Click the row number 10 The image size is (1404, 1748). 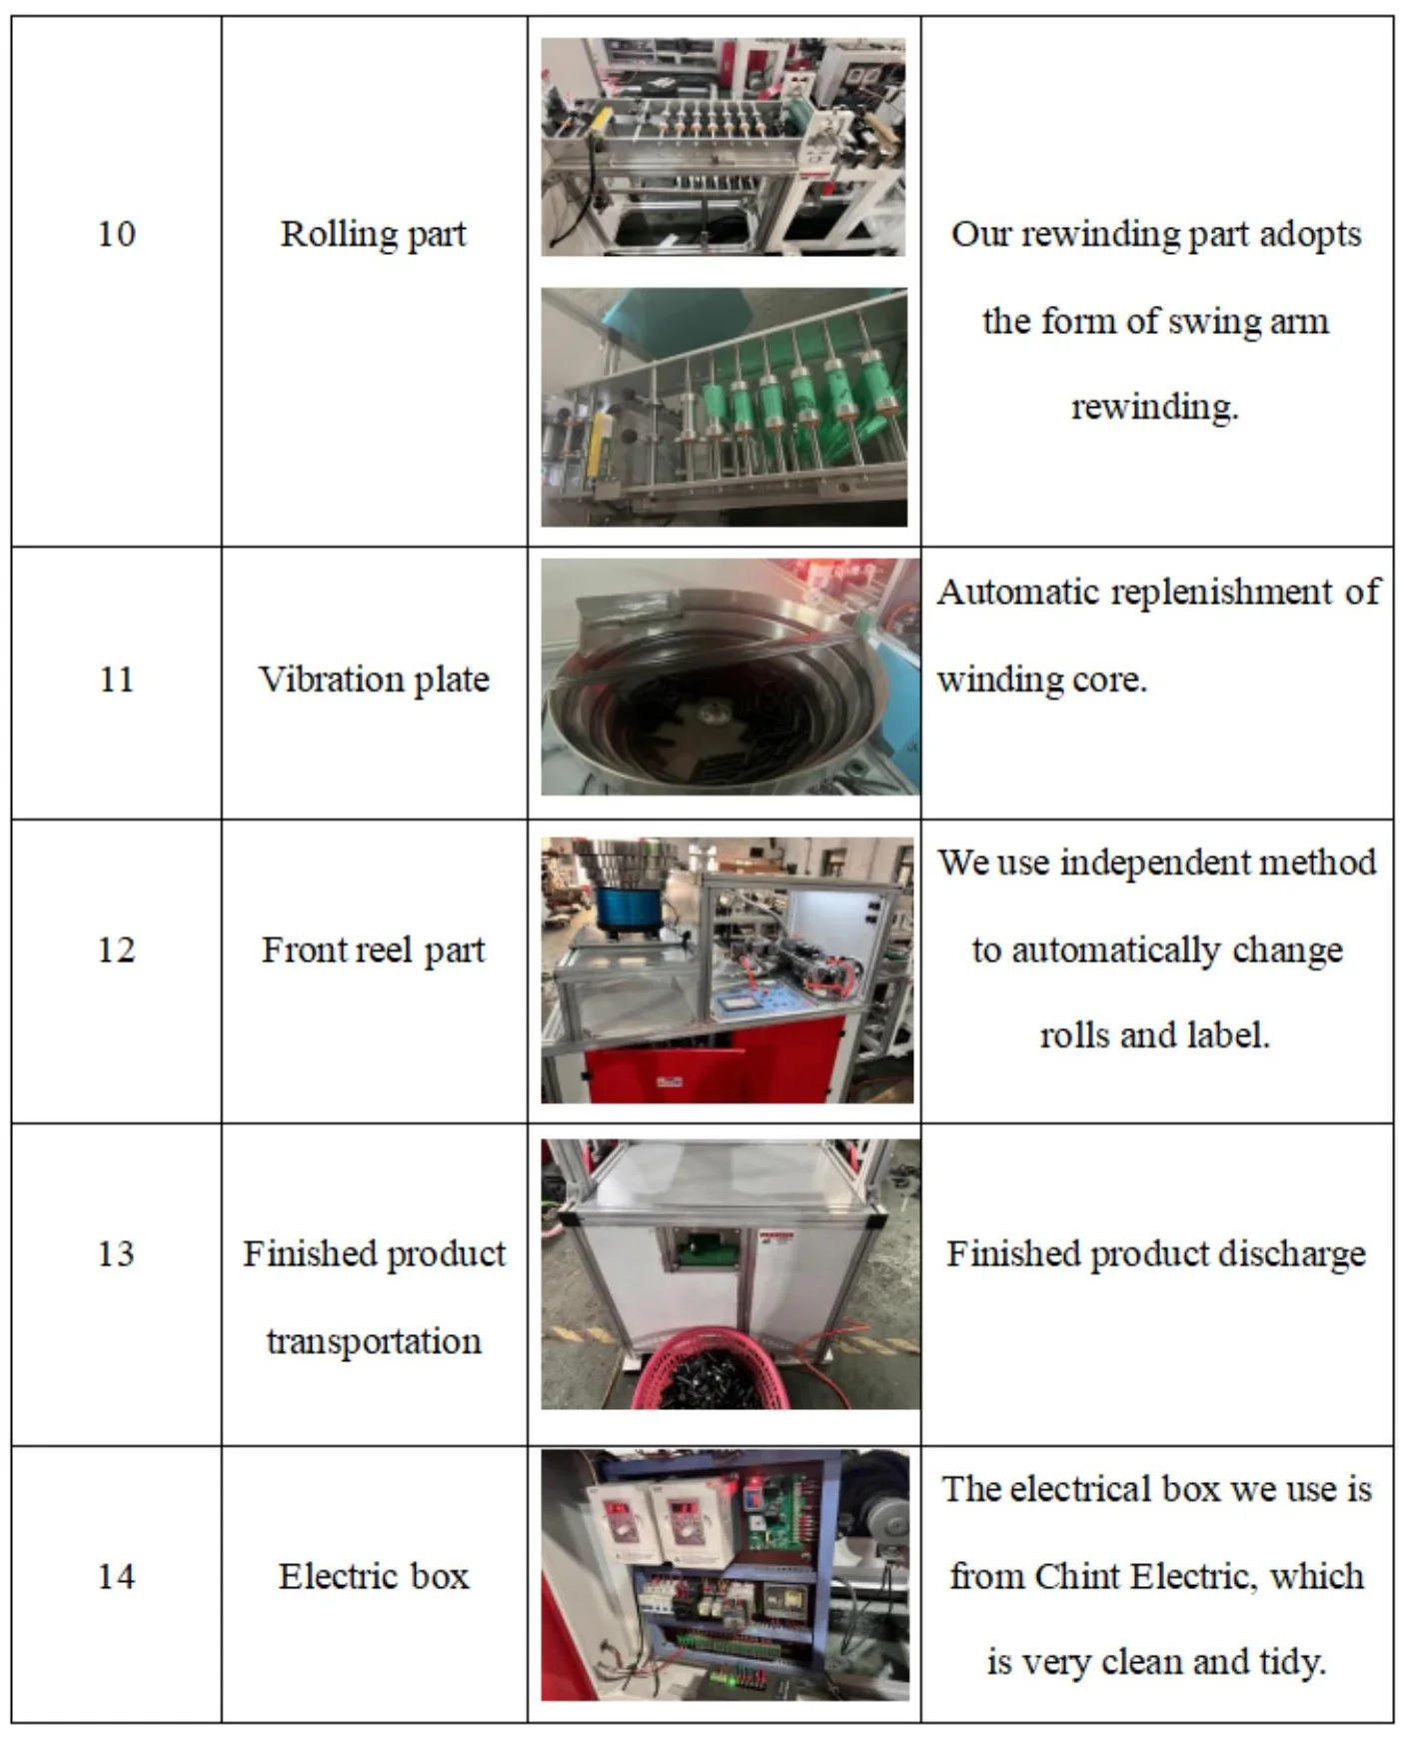tap(116, 235)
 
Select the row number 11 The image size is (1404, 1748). tap(116, 680)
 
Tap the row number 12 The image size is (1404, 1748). tap(116, 949)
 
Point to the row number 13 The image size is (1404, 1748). tap(116, 1254)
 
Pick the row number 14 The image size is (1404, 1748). tap(116, 1577)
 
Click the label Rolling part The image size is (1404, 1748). tap(374, 235)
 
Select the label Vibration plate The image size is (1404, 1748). tap(374, 680)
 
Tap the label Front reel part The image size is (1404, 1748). tap(373, 950)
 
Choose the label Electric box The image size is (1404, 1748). tap(374, 1577)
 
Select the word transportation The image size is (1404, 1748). tap(374, 1341)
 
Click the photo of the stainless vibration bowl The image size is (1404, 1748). tap(729, 678)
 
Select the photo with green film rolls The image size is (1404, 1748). tap(724, 407)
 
